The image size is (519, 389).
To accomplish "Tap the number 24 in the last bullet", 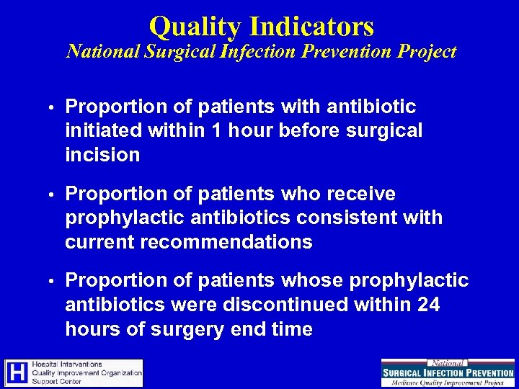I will pyautogui.click(x=428, y=305).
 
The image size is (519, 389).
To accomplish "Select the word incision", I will pyautogui.click(x=102, y=155).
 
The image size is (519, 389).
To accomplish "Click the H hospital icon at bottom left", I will pyautogui.click(x=17, y=372).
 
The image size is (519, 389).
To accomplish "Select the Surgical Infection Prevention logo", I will pyautogui.click(x=448, y=372).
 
